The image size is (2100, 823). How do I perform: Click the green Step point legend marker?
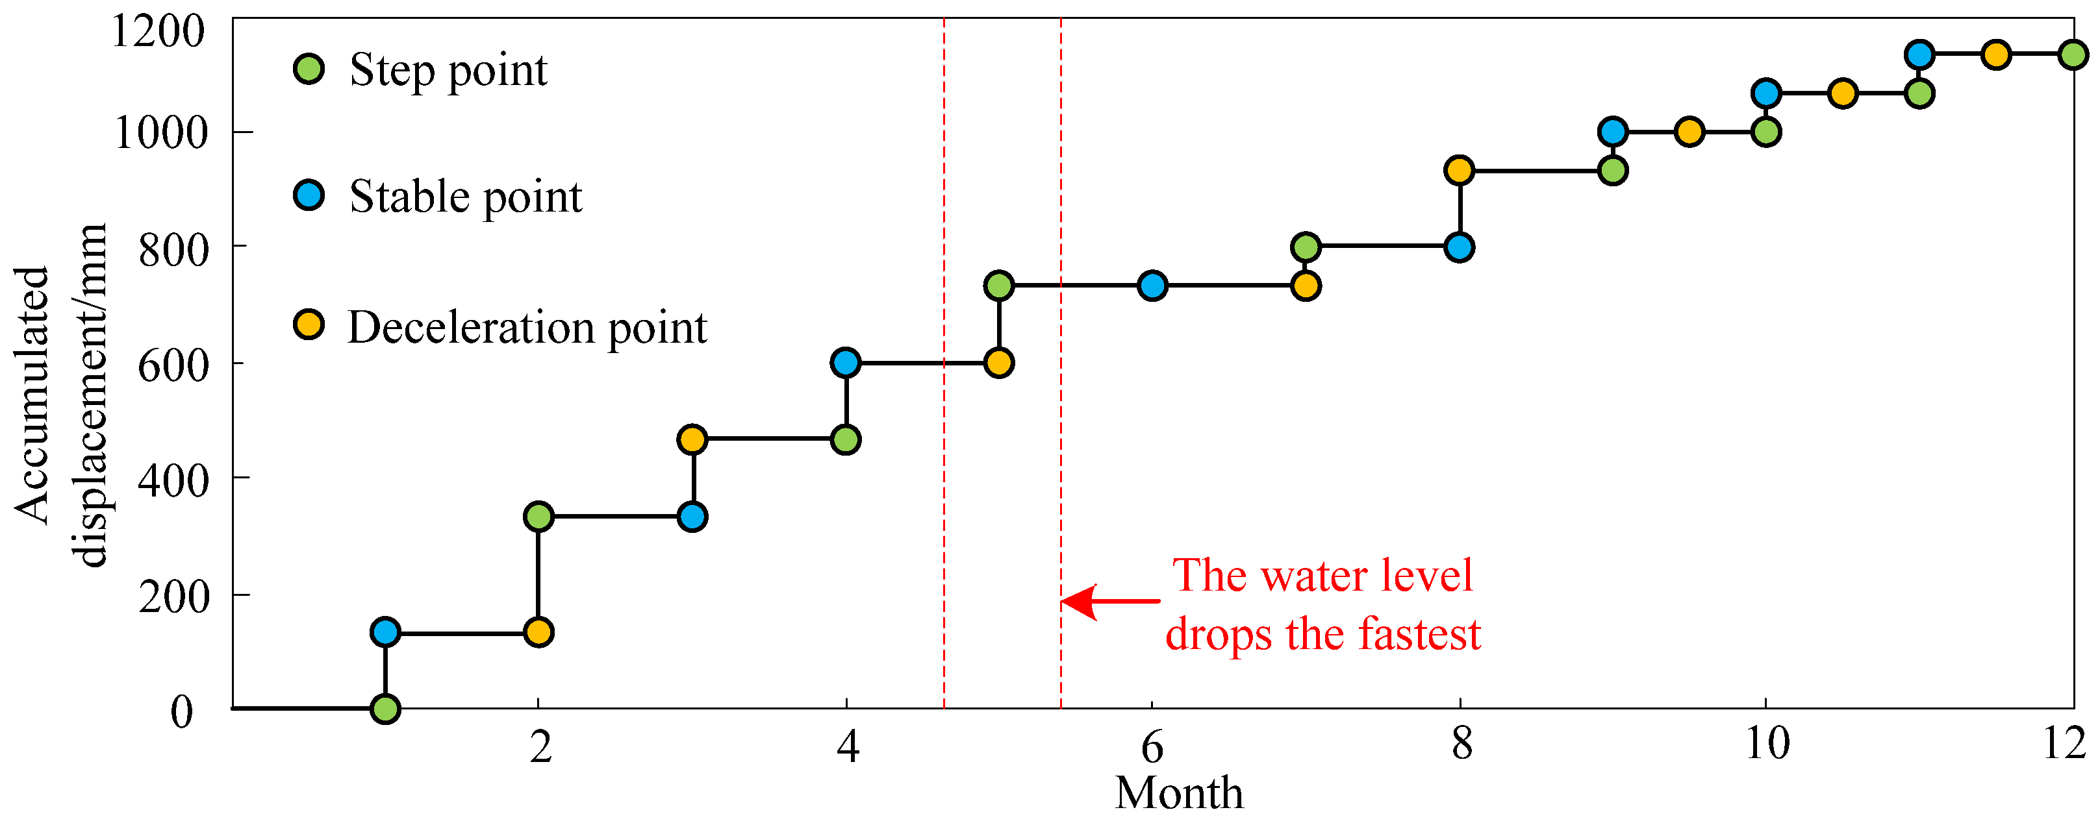pos(309,69)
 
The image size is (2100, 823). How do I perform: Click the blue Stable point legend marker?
pos(309,195)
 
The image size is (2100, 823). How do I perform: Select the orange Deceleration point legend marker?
pos(309,325)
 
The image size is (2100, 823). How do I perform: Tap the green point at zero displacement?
pos(385,709)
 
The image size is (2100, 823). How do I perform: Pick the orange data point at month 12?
pos(1995,55)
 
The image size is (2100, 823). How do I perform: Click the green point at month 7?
pos(1306,246)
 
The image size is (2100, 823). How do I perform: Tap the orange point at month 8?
pos(1460,170)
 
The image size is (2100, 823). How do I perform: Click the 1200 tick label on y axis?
pos(157,32)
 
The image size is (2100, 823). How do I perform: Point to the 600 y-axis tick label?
pos(173,365)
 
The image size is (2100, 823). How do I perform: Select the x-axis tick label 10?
pos(1767,743)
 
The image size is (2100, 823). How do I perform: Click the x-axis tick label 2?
pos(540,746)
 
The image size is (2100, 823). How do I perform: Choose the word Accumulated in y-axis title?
pos(32,395)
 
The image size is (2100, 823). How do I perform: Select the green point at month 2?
pos(538,516)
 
